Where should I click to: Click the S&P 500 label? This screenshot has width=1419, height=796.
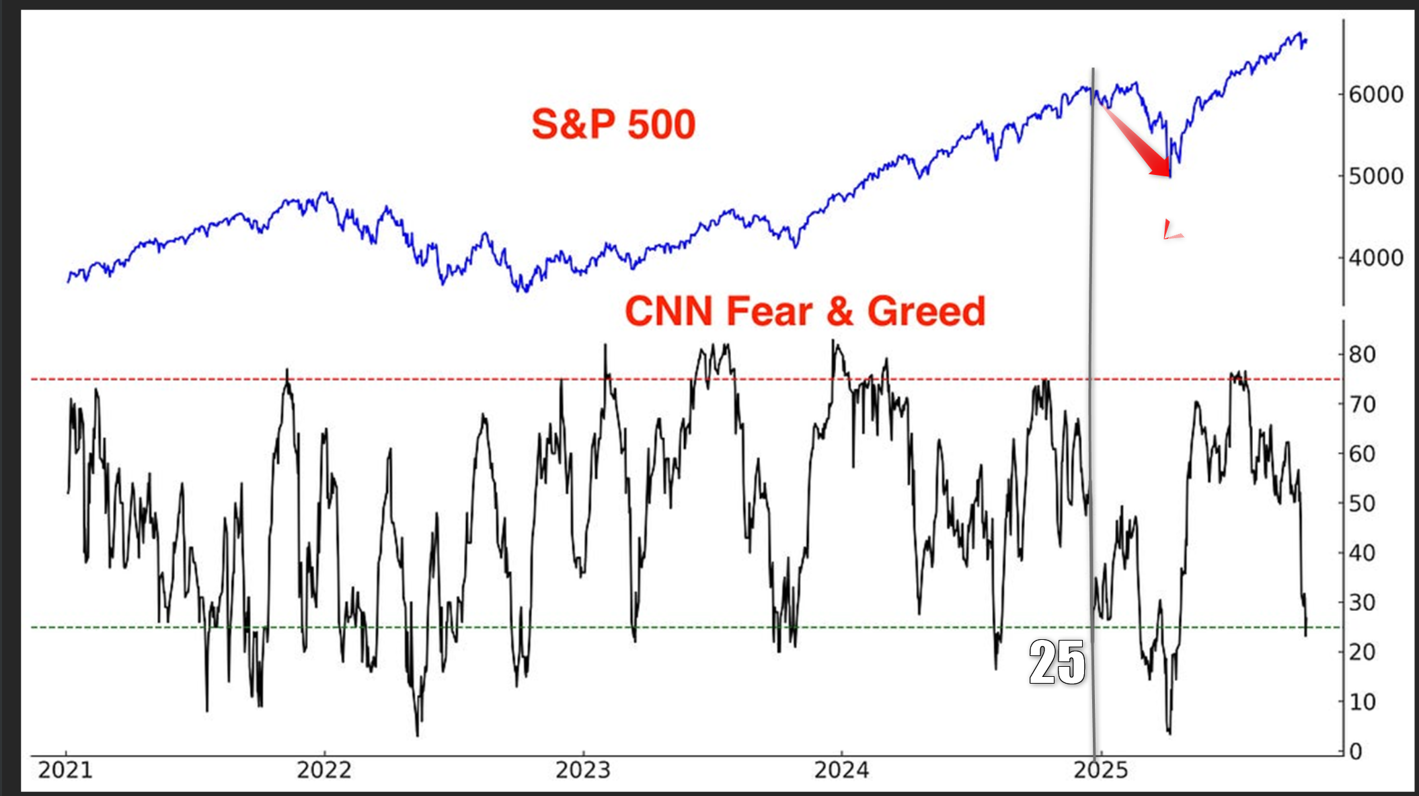point(613,124)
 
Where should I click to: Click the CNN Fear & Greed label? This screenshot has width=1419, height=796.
point(805,312)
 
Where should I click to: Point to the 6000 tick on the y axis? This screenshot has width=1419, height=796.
point(1375,94)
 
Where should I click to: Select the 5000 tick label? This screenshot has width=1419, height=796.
point(1375,176)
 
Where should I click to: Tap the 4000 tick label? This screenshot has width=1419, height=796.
point(1375,258)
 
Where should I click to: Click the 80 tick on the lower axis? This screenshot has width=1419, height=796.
point(1362,355)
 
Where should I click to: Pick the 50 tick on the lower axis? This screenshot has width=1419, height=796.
point(1362,503)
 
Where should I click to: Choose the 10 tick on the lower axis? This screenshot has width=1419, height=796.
point(1362,702)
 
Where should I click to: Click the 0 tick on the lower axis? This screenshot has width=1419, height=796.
point(1355,751)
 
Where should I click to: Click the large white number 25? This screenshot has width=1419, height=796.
point(1057,663)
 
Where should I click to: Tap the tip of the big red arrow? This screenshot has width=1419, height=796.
point(1169,176)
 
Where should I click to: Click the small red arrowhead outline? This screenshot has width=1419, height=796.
point(1172,230)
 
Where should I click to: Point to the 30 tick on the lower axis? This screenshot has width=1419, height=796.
point(1362,602)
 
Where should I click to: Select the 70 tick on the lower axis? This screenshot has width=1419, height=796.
point(1362,404)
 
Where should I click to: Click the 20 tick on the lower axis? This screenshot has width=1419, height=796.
point(1362,652)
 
